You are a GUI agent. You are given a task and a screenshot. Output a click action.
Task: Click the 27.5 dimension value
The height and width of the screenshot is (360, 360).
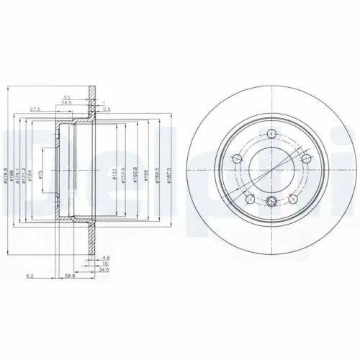click(x=34, y=109)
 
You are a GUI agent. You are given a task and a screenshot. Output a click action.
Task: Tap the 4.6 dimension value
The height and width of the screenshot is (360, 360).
click(x=106, y=256)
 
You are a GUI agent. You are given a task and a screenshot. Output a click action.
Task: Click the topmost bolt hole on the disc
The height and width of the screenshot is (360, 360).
click(x=270, y=133)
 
